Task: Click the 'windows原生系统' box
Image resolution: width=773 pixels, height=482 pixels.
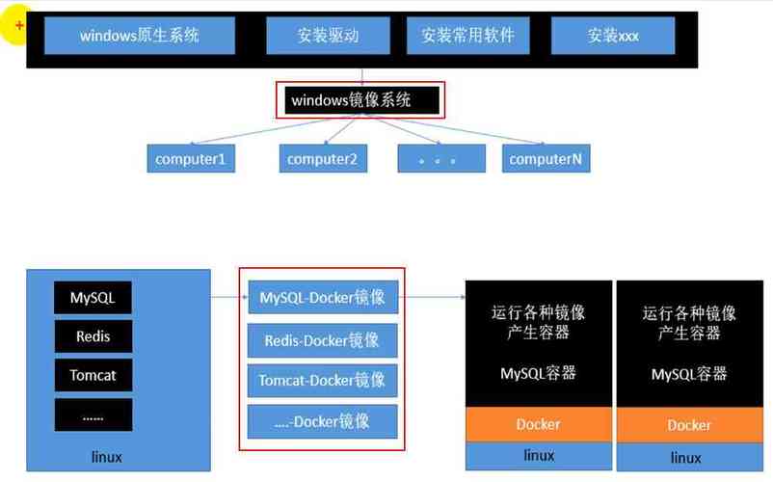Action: [x=139, y=36]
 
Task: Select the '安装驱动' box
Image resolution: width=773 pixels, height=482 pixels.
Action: [x=327, y=36]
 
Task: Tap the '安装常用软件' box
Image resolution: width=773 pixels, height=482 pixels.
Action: [x=467, y=36]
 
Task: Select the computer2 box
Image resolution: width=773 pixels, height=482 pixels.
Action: [x=323, y=158]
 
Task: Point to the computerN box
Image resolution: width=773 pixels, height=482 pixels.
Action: [x=546, y=158]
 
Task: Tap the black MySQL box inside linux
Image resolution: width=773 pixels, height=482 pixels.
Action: [x=93, y=298]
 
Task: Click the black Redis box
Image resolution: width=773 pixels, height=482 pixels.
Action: [x=93, y=336]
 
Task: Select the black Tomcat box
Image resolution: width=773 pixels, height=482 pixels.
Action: [x=93, y=375]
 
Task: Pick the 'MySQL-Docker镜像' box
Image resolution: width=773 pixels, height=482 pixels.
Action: [x=322, y=298]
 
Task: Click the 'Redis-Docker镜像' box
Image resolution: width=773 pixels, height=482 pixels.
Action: [x=322, y=340]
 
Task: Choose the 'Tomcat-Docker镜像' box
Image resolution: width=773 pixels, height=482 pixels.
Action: [x=322, y=380]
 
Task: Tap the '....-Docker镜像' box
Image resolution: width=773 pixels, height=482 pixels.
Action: [x=322, y=421]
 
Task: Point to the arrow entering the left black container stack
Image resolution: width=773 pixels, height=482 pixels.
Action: [x=453, y=298]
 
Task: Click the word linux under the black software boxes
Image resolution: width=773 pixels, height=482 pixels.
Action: [x=105, y=456]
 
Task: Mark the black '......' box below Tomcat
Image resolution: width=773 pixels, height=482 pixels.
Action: [x=93, y=415]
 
